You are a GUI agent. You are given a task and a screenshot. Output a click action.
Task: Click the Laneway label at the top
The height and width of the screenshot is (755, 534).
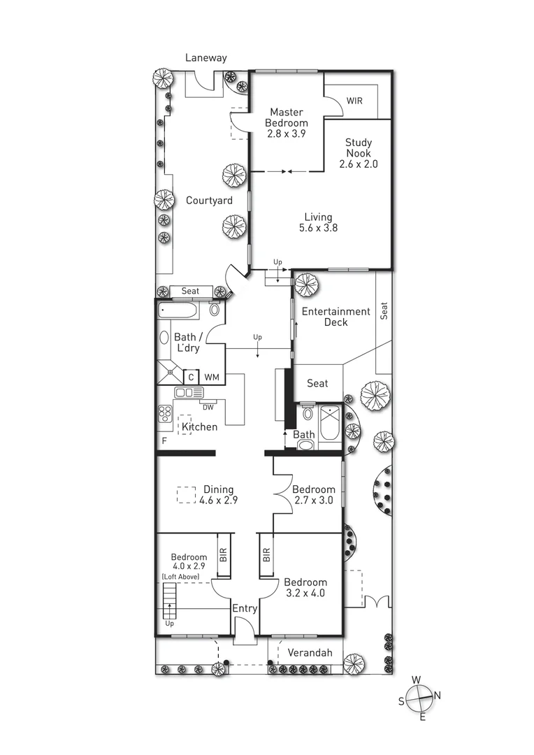click(206, 58)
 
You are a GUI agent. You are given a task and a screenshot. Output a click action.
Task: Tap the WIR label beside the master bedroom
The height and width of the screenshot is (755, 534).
click(355, 101)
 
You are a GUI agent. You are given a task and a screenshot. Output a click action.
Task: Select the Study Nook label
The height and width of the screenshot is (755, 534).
click(358, 153)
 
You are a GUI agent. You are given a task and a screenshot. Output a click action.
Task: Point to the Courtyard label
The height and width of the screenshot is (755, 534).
click(209, 201)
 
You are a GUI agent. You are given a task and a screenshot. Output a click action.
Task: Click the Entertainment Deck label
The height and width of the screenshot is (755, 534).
click(337, 317)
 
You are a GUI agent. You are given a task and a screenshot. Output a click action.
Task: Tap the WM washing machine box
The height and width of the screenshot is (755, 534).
click(212, 377)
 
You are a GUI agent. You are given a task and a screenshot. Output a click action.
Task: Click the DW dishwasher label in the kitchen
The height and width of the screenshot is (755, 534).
click(208, 407)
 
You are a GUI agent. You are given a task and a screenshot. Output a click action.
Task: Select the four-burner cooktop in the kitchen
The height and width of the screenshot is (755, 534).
click(165, 414)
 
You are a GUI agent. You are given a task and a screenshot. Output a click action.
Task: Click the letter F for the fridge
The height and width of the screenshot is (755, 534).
click(164, 441)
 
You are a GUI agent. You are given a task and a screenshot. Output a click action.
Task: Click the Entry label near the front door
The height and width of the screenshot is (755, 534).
click(245, 609)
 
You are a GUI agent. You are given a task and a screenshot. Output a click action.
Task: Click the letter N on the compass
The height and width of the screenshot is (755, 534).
click(438, 695)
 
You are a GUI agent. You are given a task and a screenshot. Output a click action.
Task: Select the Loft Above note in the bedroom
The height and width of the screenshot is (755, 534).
click(180, 577)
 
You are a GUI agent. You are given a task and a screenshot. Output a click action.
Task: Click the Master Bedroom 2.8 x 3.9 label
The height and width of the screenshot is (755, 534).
click(287, 122)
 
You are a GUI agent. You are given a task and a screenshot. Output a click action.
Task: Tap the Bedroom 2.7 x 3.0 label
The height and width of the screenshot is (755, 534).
click(313, 495)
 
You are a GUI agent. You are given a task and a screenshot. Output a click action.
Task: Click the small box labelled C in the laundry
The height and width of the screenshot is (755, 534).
click(190, 377)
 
